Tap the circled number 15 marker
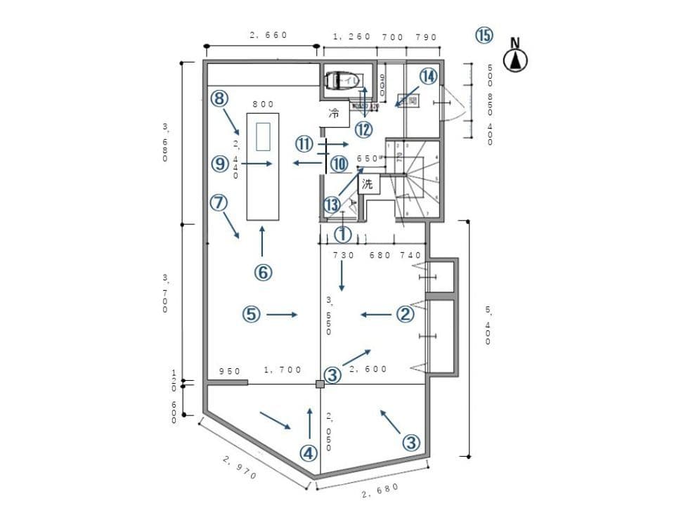[x=484, y=35]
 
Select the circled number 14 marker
[x=429, y=76]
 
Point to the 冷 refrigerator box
[x=335, y=114]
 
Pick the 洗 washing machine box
[x=368, y=184]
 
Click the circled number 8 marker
[x=220, y=98]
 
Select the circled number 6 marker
[x=262, y=273]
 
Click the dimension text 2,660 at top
[x=268, y=35]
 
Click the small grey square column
[x=320, y=384]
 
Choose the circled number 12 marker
[x=363, y=130]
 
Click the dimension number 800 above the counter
[x=263, y=104]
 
